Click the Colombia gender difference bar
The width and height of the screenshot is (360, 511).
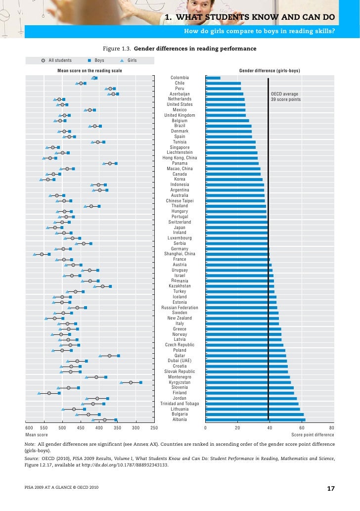click(213, 78)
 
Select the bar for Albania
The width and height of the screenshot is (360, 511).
click(255, 419)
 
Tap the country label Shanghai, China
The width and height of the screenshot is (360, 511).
click(180, 254)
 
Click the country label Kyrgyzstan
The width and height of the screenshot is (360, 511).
click(180, 382)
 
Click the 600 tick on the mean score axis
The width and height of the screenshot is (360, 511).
click(29, 427)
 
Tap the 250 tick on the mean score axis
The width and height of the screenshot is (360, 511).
click(153, 427)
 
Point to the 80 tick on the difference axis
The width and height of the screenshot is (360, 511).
click(332, 427)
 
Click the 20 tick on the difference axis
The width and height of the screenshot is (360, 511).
click(237, 427)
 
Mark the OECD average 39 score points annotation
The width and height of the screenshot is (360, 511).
click(285, 96)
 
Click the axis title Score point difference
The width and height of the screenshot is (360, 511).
click(312, 435)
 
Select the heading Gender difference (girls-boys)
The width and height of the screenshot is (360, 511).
click(270, 71)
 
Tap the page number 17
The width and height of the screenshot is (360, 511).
click(331, 489)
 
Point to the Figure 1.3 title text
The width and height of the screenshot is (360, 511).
click(179, 48)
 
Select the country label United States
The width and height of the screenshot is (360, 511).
click(180, 104)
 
